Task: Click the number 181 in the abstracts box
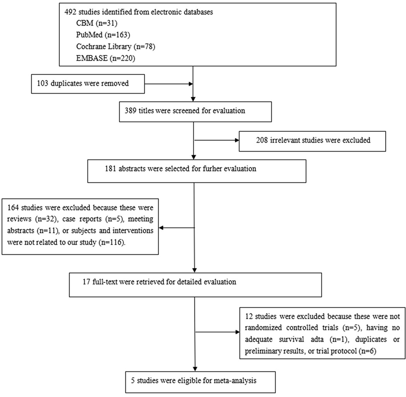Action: click(111, 169)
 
